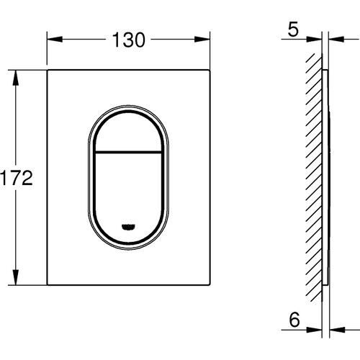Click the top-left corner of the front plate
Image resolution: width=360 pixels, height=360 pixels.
pos(49,71)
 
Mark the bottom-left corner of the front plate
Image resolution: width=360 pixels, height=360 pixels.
pos(49,285)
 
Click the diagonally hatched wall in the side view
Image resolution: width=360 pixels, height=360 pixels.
pos(314,180)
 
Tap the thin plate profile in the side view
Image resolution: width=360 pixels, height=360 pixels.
pos(326,180)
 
